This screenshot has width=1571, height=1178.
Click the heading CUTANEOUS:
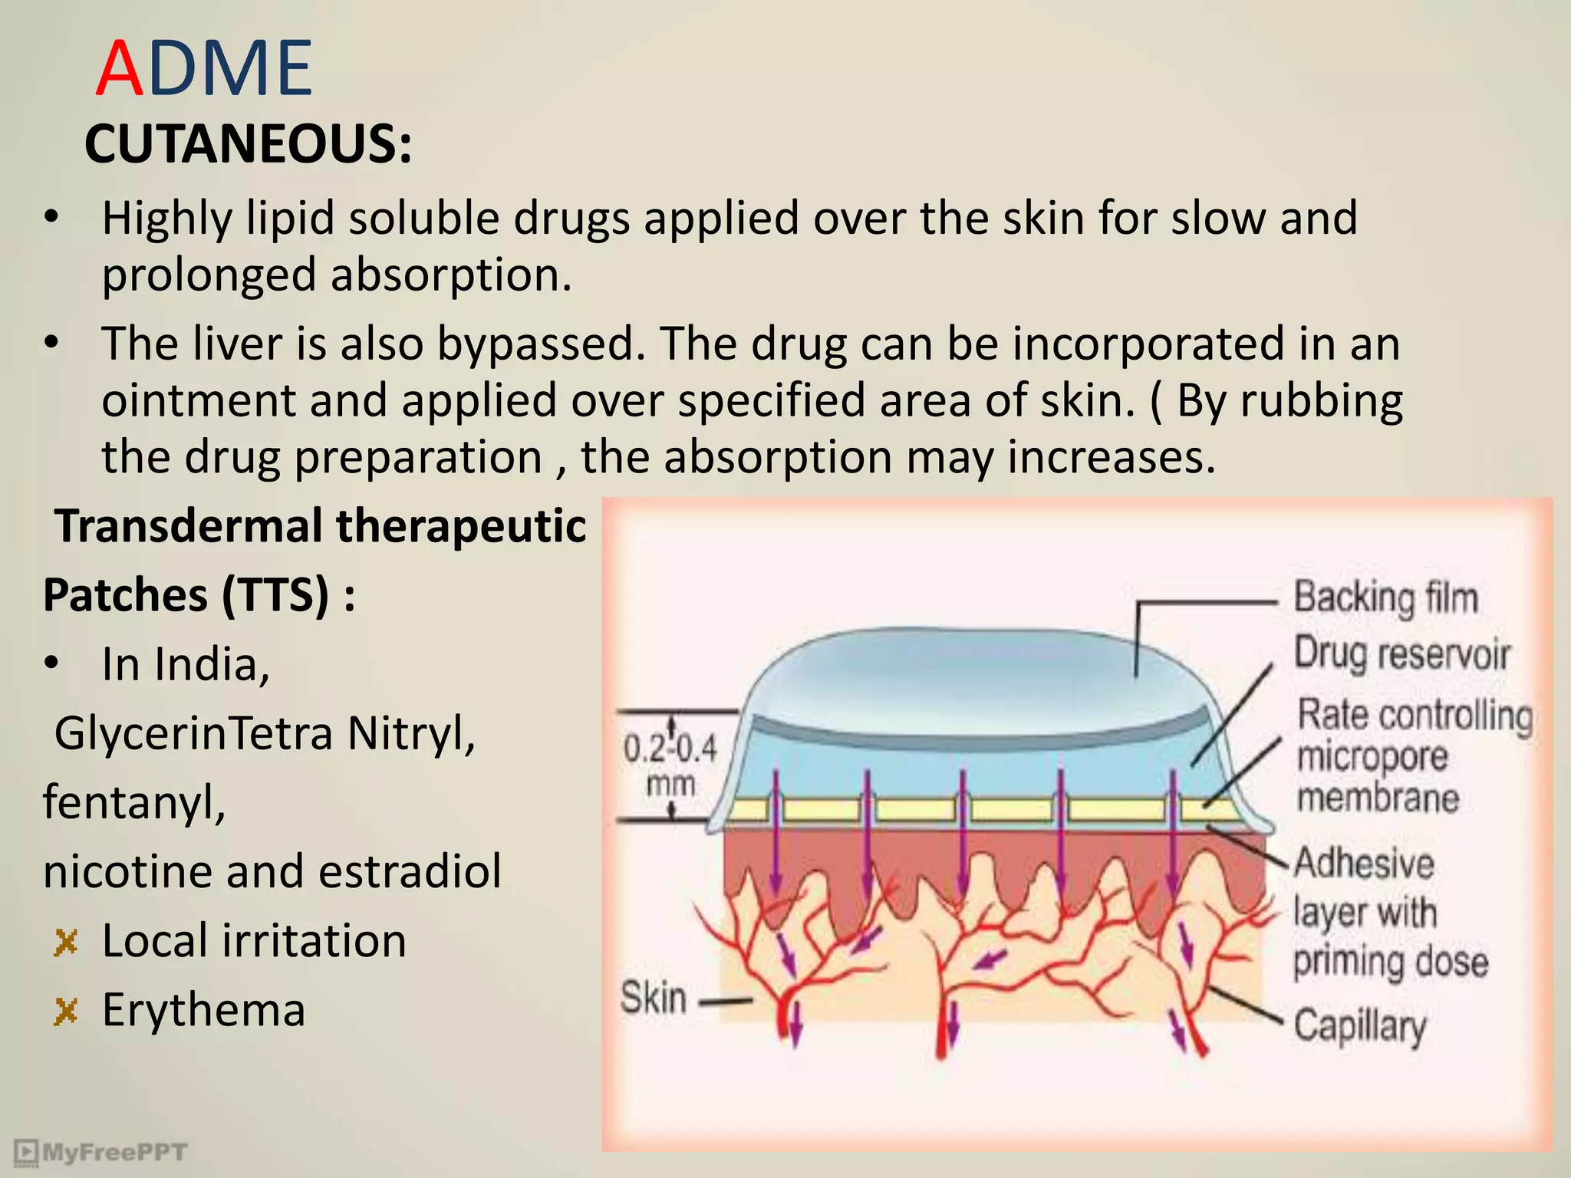(x=248, y=144)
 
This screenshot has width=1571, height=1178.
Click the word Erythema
(x=204, y=1010)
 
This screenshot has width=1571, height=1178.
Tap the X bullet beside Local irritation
(x=67, y=943)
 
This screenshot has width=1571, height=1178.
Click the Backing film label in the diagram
(x=1385, y=597)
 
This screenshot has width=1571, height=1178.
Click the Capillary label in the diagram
(x=1360, y=1025)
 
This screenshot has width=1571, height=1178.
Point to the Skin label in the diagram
(x=653, y=999)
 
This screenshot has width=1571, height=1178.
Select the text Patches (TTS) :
(x=199, y=595)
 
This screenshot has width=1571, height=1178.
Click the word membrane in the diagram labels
(x=1378, y=798)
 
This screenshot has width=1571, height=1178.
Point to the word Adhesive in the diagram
(x=1364, y=863)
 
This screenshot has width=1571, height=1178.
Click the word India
(x=212, y=664)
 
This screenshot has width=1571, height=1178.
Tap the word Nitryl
(x=411, y=733)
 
